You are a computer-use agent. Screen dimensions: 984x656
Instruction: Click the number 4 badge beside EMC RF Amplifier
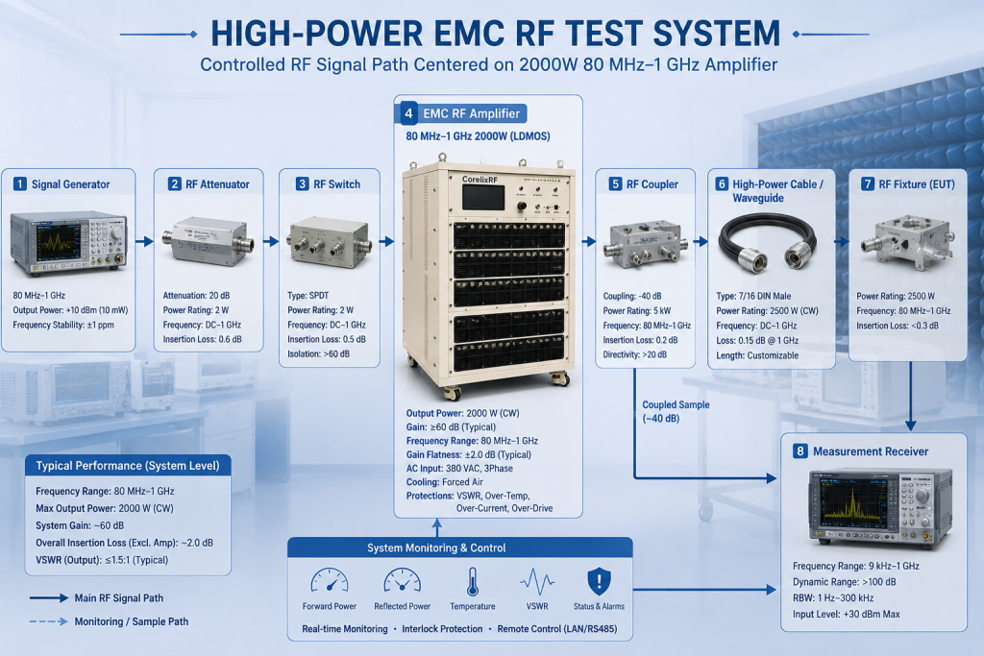point(408,113)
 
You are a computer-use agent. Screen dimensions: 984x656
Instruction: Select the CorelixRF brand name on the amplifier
point(480,180)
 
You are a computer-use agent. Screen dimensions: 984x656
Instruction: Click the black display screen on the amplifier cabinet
point(483,198)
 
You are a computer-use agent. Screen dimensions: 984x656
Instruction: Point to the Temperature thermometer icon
point(473,581)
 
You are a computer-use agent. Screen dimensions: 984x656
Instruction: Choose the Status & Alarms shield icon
point(599,581)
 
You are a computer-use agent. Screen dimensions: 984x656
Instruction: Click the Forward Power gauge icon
point(330,581)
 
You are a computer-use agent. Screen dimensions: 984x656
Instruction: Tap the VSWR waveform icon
point(537,581)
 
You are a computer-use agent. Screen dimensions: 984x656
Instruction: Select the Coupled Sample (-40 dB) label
point(676,411)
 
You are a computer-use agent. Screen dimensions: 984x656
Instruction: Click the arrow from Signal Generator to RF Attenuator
point(144,241)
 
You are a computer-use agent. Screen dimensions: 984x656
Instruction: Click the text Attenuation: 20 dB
point(196,296)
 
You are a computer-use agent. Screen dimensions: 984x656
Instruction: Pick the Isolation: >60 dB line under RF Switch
point(319,353)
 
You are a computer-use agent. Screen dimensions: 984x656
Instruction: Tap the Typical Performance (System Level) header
point(128,465)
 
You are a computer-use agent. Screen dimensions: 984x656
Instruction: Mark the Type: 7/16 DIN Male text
point(753,296)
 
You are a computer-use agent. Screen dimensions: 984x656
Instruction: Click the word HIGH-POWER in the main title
point(317,34)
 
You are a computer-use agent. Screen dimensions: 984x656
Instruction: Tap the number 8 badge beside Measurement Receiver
point(799,450)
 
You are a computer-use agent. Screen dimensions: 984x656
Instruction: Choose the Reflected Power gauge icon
point(403,581)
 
